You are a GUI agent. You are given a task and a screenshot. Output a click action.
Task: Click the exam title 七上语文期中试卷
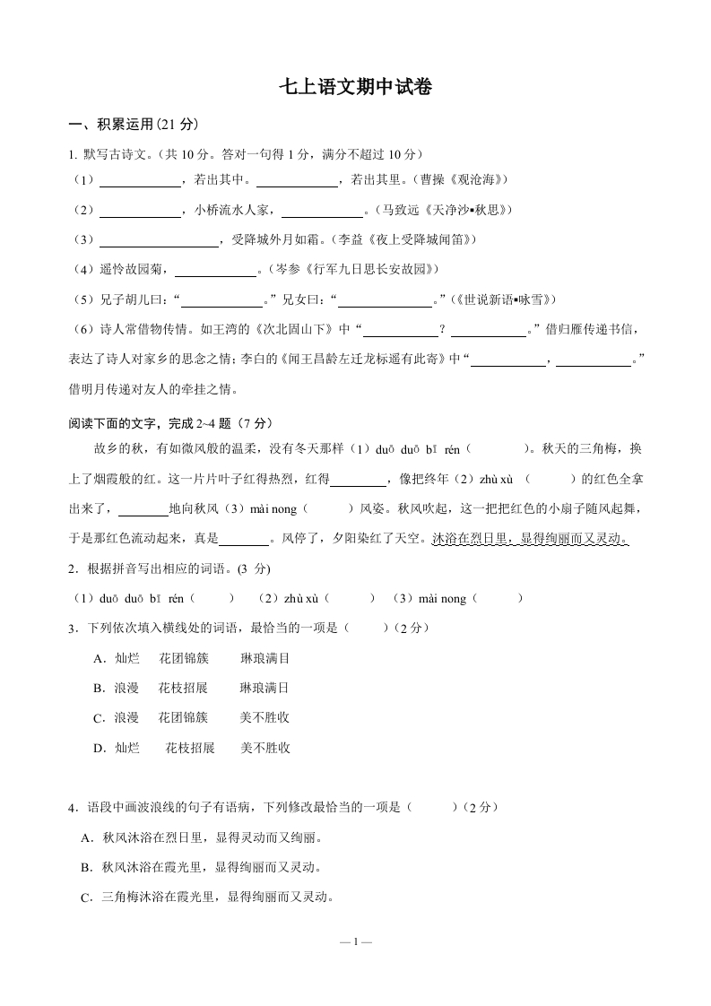(356, 87)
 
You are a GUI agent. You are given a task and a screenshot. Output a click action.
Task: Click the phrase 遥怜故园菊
(133, 269)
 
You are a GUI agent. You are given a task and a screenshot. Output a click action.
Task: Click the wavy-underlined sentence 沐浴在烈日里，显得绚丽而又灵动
(529, 538)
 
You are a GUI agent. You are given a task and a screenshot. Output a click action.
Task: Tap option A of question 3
(192, 658)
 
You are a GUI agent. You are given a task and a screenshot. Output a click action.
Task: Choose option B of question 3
(192, 688)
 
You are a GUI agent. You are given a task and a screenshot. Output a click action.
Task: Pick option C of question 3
(192, 717)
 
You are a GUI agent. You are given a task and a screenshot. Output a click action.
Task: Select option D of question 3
(192, 747)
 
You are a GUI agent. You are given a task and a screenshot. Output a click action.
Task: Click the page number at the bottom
(356, 941)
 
